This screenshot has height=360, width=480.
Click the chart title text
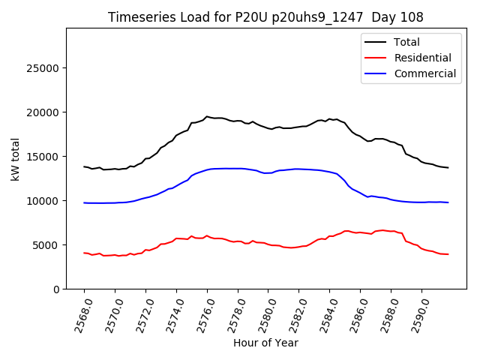pos(265,17)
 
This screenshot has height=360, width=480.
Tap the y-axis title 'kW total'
pos(16,158)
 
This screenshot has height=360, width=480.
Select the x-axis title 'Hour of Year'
pos(265,343)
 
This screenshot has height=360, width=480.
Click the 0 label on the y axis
pos(56,289)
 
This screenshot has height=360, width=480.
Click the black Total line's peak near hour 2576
pos(207,116)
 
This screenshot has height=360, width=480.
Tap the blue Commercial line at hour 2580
pos(268,173)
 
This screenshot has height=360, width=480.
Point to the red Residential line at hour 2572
pos(145,250)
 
